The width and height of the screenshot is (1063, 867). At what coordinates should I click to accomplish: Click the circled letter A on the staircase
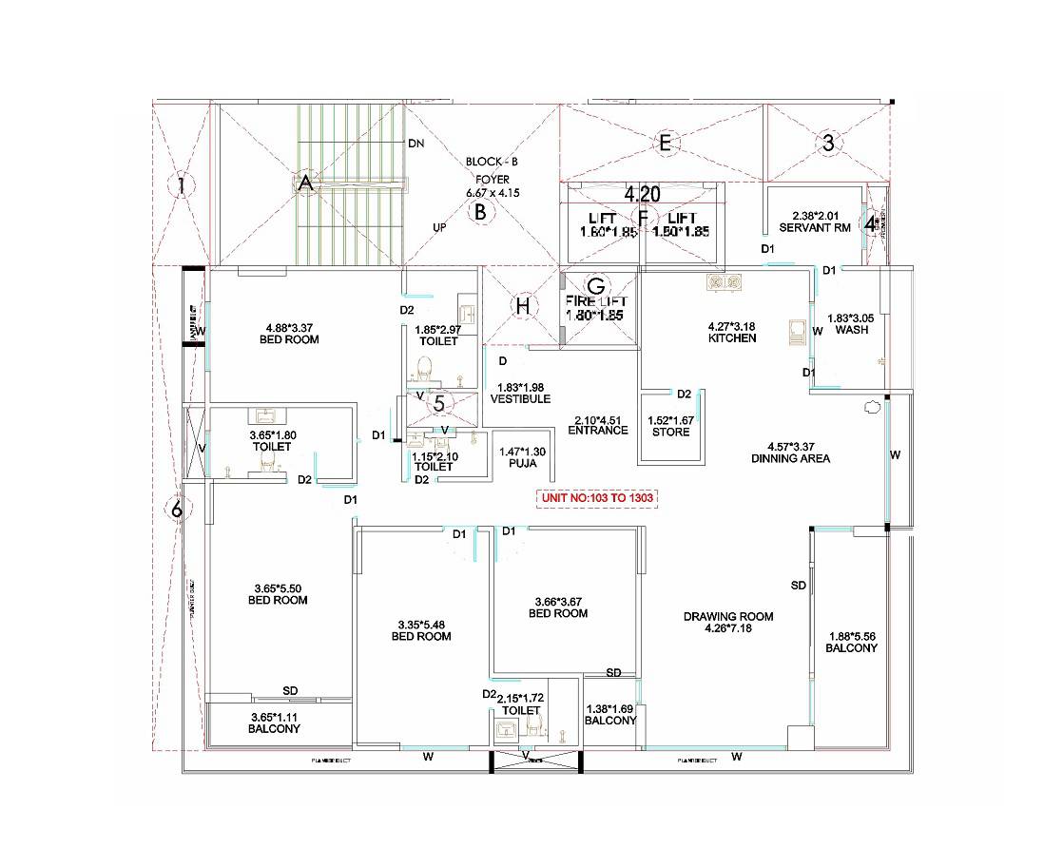point(305,185)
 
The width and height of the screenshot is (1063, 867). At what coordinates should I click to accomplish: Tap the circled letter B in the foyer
point(481,212)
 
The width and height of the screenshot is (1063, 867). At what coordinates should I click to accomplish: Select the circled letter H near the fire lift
point(522,305)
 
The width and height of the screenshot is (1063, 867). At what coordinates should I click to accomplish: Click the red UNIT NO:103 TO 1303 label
point(598,498)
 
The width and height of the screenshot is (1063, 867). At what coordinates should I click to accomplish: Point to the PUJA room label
point(523,464)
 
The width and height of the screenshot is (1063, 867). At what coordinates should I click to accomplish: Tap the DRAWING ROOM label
point(728,616)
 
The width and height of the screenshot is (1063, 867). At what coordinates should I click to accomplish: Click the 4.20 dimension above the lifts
point(642,194)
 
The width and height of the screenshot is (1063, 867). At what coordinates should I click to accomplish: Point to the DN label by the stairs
point(416,144)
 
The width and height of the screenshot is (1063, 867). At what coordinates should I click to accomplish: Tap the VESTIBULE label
point(520,399)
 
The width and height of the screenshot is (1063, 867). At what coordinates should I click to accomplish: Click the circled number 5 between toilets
point(438,403)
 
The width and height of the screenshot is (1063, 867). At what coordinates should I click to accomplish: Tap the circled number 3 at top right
point(828,144)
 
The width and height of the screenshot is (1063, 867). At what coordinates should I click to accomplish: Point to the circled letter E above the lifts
point(666,144)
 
